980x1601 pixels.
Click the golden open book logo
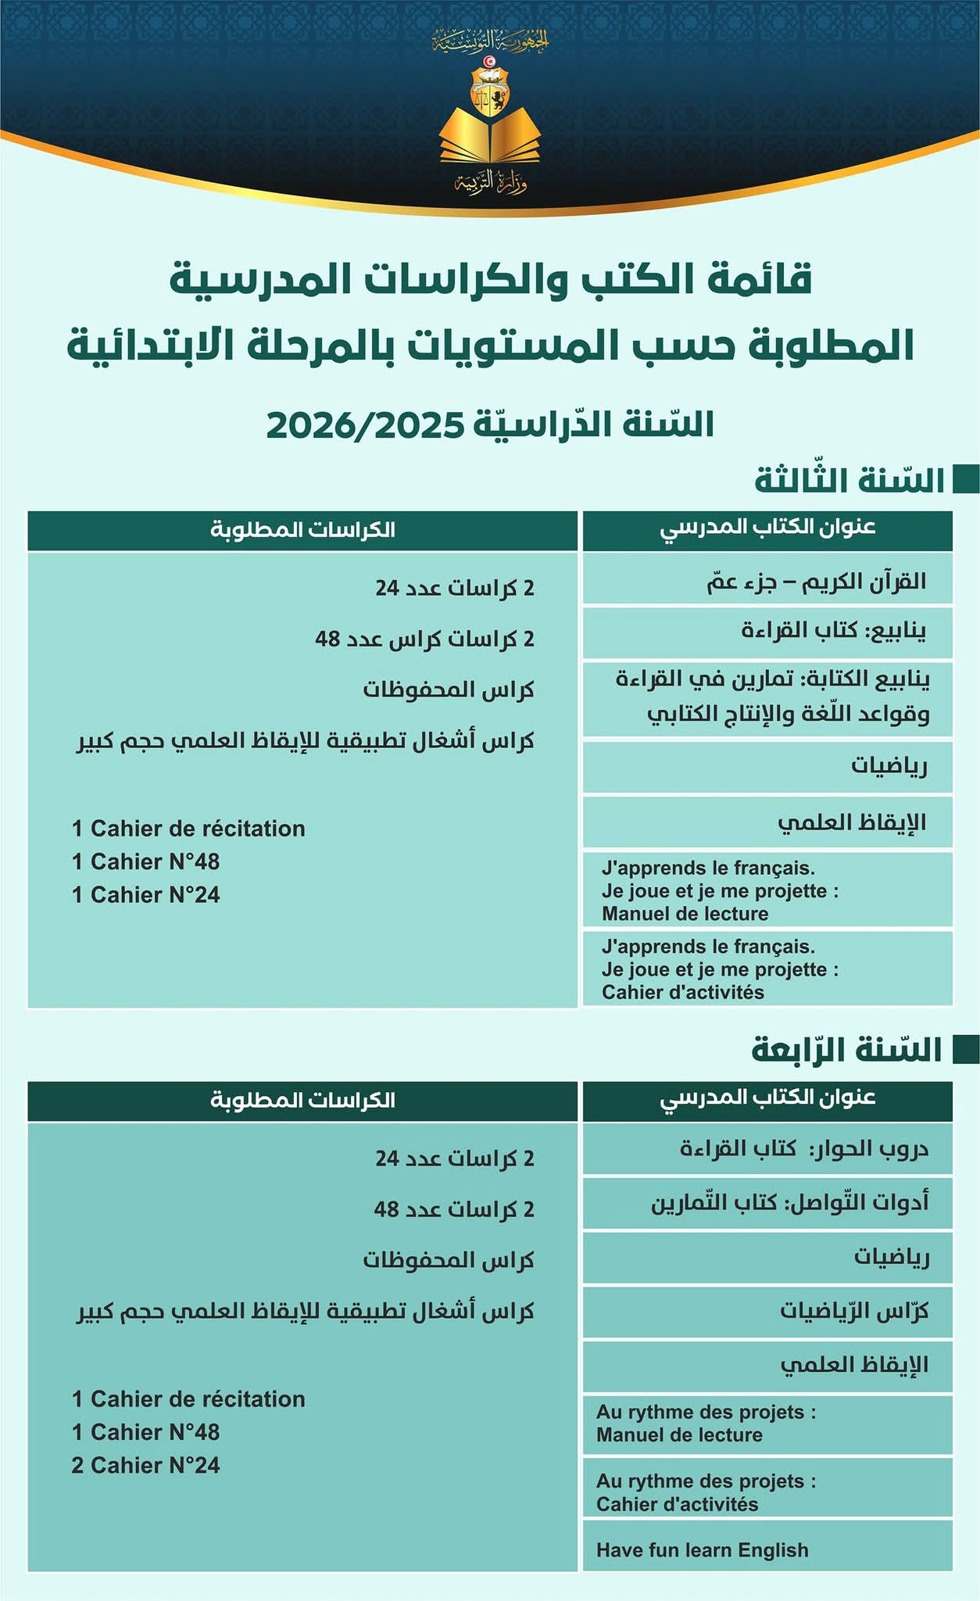[490, 141]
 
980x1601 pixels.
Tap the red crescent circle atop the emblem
[490, 61]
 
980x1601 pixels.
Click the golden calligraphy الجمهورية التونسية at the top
[491, 39]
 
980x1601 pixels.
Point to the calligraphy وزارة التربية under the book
[491, 184]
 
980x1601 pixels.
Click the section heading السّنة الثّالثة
[849, 480]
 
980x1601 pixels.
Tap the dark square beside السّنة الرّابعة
[966, 1050]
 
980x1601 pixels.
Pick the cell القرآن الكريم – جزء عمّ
[816, 581]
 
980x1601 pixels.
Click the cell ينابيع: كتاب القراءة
[833, 630]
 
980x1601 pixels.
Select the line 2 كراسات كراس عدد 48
[424, 639]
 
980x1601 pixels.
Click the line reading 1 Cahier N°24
[145, 894]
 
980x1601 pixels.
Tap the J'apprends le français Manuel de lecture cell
[719, 890]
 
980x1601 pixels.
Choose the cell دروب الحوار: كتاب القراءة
[803, 1148]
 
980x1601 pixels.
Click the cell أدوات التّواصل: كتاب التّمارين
[789, 1202]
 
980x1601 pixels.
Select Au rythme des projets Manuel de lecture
[705, 1424]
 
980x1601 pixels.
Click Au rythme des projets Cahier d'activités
[705, 1492]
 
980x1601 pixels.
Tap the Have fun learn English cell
[702, 1550]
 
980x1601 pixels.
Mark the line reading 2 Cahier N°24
[145, 1465]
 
